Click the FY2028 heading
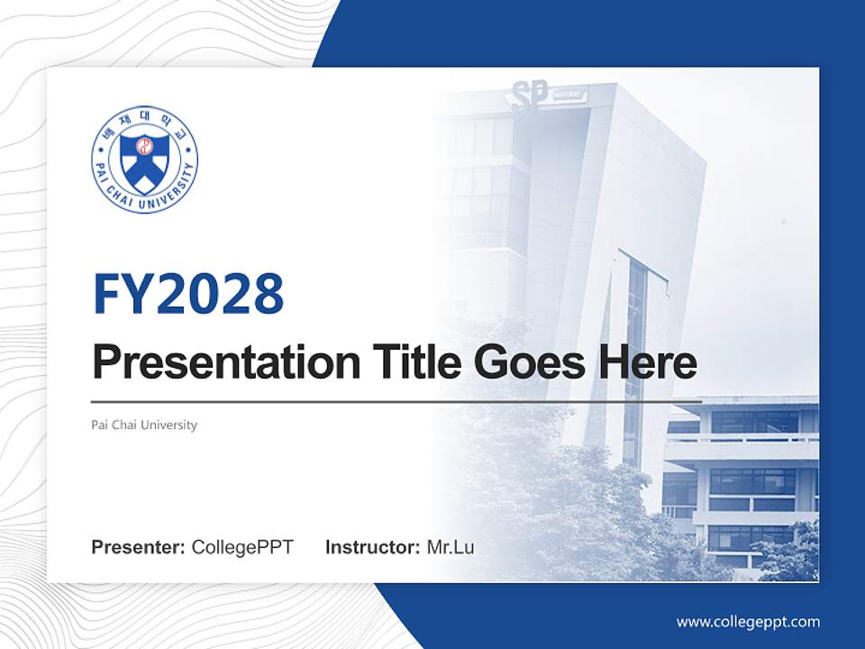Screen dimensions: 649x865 188,293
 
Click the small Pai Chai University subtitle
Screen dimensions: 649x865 144,425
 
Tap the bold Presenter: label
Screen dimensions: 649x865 138,547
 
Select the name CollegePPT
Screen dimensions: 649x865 242,547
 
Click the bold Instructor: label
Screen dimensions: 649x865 372,547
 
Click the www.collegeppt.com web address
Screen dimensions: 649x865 748,622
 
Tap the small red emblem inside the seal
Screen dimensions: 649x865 144,145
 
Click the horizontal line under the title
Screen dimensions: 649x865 396,401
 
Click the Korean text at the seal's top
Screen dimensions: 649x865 144,123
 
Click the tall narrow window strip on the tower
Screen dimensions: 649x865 634,361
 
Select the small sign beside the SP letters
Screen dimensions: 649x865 569,93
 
